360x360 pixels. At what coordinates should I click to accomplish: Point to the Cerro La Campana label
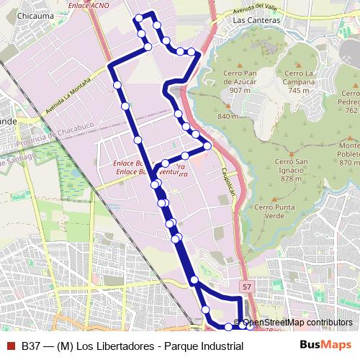[299, 78]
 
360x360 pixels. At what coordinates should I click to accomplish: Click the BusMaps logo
[325, 346]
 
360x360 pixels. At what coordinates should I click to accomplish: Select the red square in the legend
[11, 346]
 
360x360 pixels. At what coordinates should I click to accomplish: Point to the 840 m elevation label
[228, 117]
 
